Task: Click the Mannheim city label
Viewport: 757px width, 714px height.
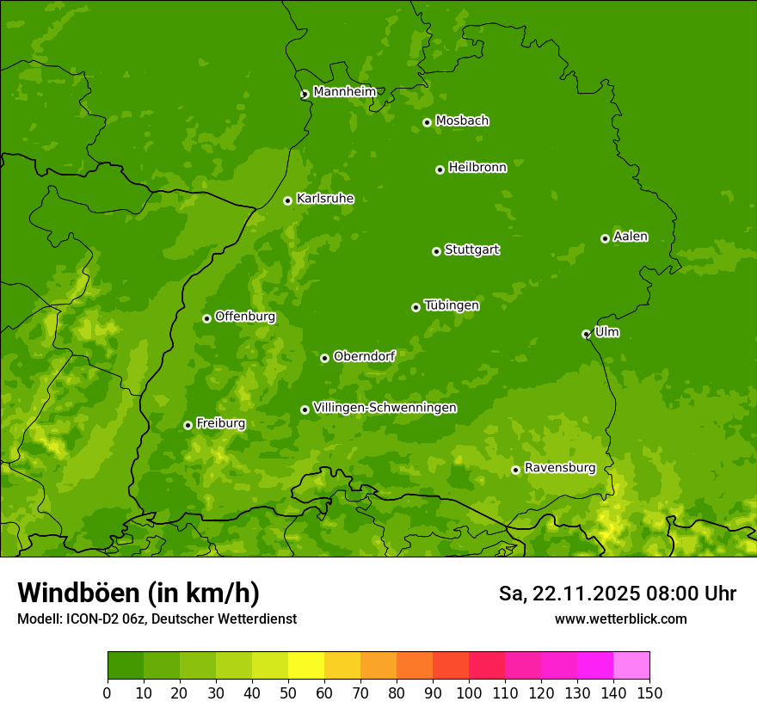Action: pyautogui.click(x=344, y=92)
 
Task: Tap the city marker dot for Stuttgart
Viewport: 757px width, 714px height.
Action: pyautogui.click(x=436, y=251)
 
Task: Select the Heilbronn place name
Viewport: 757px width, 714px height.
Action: pyautogui.click(x=477, y=168)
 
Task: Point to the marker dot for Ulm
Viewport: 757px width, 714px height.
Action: pyautogui.click(x=586, y=334)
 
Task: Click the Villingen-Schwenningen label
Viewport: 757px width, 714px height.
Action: pyautogui.click(x=385, y=408)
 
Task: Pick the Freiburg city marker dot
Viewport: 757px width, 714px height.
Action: pyautogui.click(x=188, y=425)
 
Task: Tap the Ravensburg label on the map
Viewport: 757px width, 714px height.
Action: pyautogui.click(x=559, y=468)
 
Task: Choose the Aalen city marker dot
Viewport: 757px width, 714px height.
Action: pyautogui.click(x=605, y=238)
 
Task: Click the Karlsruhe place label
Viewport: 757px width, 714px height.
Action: pyautogui.click(x=325, y=199)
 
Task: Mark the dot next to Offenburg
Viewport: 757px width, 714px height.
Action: pyautogui.click(x=206, y=318)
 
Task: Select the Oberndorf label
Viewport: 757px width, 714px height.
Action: pyautogui.click(x=364, y=356)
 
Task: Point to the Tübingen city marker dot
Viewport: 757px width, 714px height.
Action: pyautogui.click(x=415, y=307)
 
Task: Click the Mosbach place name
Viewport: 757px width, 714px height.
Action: pyautogui.click(x=462, y=121)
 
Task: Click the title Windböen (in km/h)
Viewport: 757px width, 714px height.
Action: pyautogui.click(x=138, y=593)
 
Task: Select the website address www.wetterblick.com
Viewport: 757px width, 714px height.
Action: pyautogui.click(x=620, y=619)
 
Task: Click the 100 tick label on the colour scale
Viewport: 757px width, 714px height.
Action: pyautogui.click(x=468, y=692)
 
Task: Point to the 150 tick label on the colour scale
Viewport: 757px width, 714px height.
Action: pyautogui.click(x=649, y=692)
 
